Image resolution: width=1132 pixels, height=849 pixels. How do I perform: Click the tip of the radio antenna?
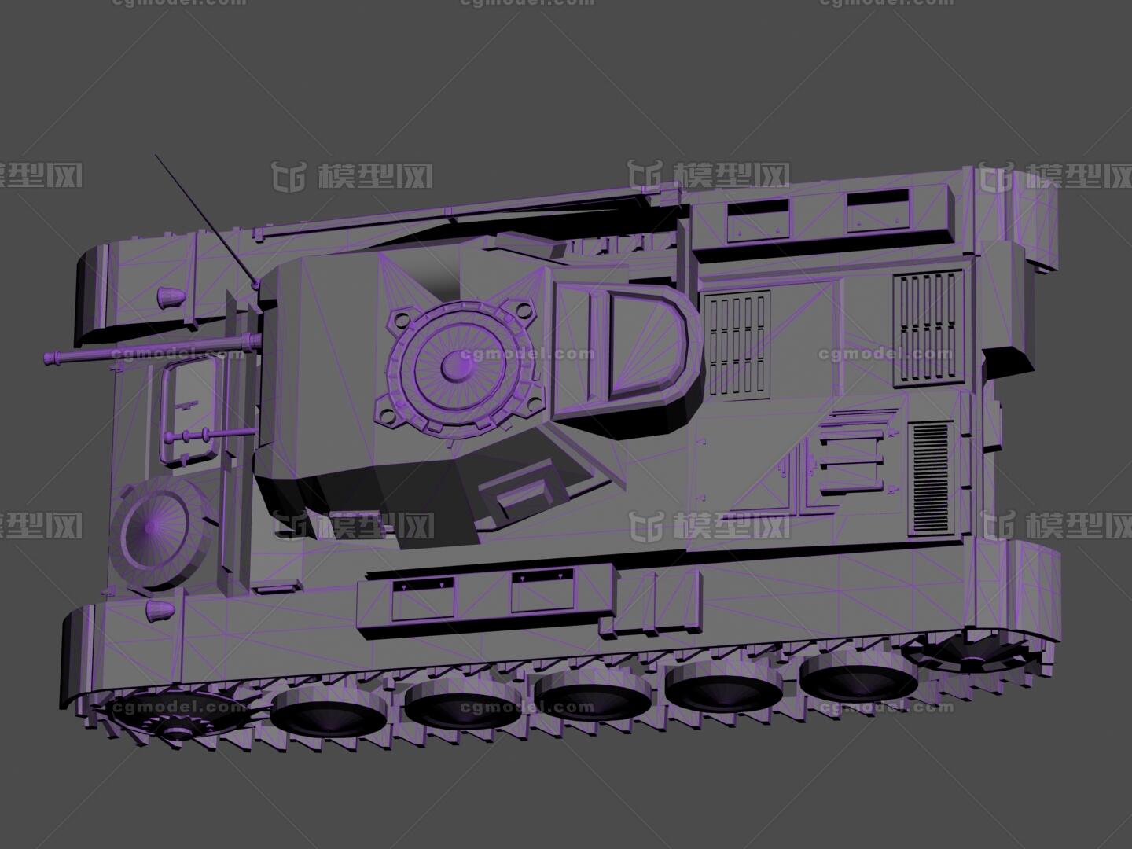[156, 156]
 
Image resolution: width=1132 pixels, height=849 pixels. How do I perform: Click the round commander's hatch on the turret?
[453, 365]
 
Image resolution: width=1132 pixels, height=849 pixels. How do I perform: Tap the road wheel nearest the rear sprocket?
[858, 675]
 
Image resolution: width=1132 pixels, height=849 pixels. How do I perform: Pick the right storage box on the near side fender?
[543, 592]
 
